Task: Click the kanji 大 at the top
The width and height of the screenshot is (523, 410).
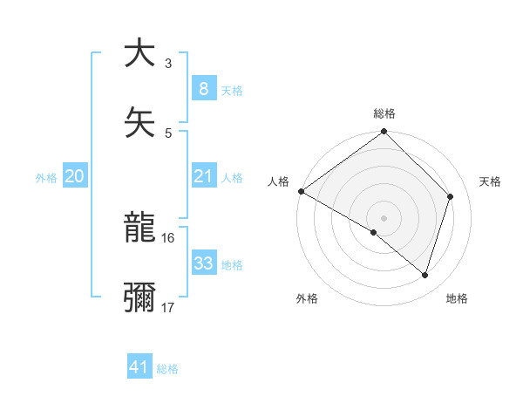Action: coord(139,53)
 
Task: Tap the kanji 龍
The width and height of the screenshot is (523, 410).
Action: coord(139,229)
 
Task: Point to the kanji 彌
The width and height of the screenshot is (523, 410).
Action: coord(139,297)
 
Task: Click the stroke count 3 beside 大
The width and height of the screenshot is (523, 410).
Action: coord(168,64)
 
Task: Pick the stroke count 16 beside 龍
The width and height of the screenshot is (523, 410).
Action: coord(168,238)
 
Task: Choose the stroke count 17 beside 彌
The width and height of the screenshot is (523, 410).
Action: coord(168,307)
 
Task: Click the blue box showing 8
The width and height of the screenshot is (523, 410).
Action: coord(203,88)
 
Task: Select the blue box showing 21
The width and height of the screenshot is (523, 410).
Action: coord(203,177)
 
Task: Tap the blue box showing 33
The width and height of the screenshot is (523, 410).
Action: coord(203,263)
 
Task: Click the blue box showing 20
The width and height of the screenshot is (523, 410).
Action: coord(74,177)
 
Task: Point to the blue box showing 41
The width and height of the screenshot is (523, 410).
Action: coord(139,367)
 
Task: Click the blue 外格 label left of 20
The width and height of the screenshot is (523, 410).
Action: coord(46,178)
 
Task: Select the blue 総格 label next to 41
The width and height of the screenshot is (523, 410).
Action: coord(167,368)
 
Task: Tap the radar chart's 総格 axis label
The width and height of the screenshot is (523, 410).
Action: coord(384,113)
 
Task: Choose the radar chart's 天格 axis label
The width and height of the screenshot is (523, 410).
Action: coord(491,181)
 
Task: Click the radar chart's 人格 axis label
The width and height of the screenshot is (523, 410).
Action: coord(278,181)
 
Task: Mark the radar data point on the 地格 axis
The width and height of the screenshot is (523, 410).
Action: coord(425,275)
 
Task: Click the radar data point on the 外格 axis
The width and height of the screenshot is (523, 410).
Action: coord(374,232)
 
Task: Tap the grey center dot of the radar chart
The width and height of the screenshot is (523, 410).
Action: coord(384,217)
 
